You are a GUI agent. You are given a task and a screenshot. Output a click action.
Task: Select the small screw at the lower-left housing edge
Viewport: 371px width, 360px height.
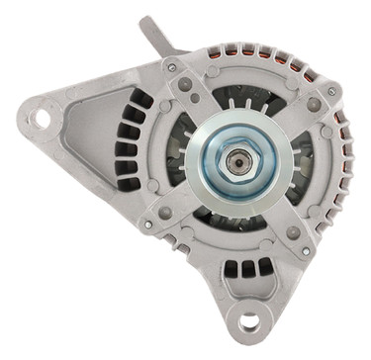pyautogui.click(x=148, y=225)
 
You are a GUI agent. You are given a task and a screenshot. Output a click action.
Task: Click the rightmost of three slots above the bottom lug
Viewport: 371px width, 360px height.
pyautogui.click(x=264, y=266)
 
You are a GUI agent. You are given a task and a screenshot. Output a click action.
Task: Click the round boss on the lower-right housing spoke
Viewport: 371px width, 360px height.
pyautogui.click(x=294, y=233)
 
